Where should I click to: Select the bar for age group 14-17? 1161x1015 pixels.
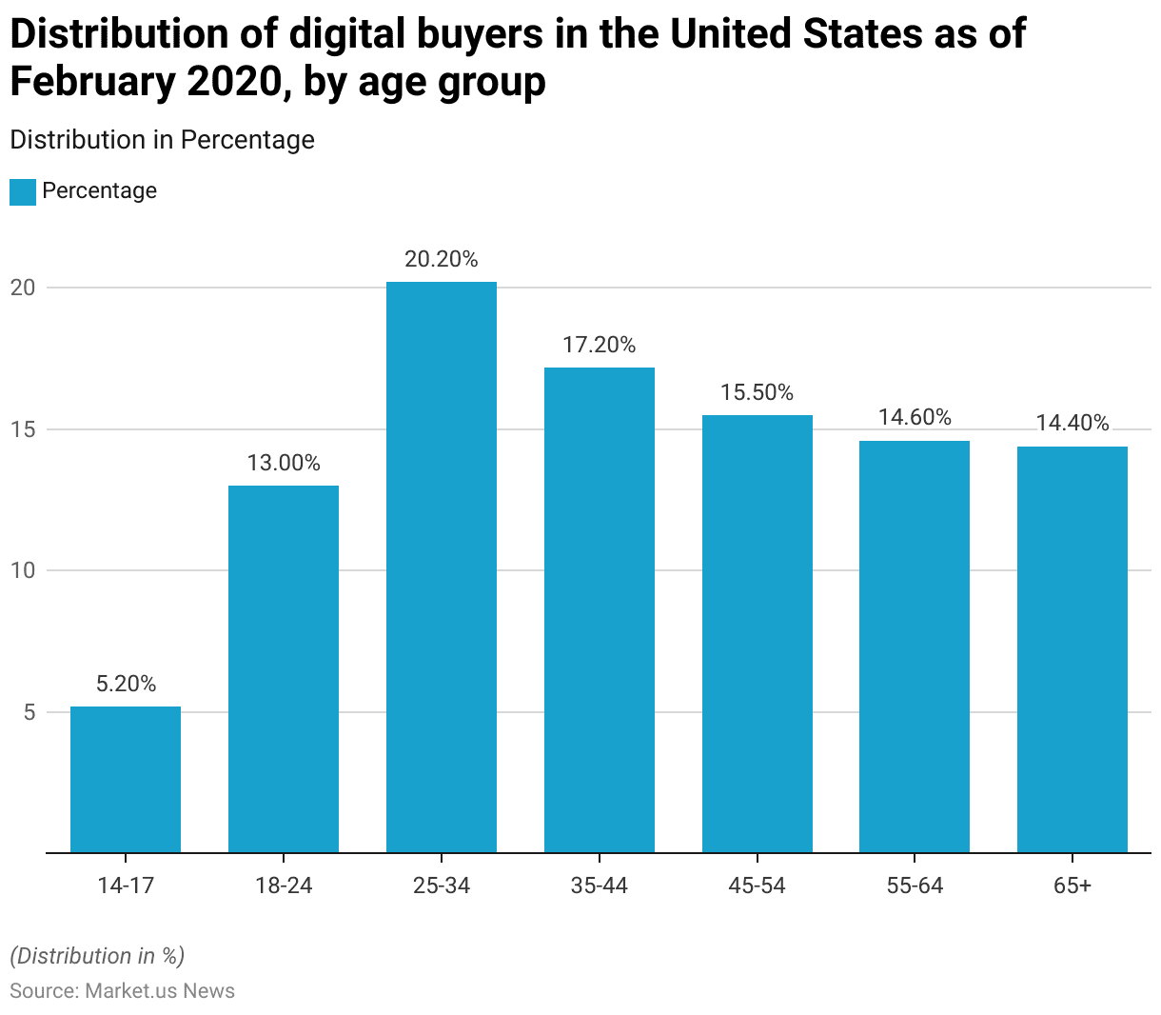[x=126, y=779]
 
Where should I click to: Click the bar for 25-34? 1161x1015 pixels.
[x=442, y=567]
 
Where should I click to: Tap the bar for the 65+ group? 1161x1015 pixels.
[x=1072, y=649]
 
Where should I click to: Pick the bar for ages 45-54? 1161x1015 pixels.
[x=758, y=633]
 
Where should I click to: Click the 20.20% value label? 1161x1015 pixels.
[x=442, y=259]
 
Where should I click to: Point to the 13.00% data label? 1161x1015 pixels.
[x=284, y=464]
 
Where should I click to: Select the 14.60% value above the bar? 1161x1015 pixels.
[x=915, y=417]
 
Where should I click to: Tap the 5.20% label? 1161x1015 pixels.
[x=126, y=684]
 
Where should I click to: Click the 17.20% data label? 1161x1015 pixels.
[x=599, y=345]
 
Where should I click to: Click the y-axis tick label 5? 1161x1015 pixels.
[x=29, y=712]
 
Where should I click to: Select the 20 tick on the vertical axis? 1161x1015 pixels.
[x=23, y=288]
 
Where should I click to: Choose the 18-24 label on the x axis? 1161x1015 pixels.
[x=284, y=886]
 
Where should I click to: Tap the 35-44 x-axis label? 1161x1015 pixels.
[x=599, y=886]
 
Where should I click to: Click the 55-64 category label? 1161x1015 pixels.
[x=915, y=886]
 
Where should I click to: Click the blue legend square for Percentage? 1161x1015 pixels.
[x=23, y=191]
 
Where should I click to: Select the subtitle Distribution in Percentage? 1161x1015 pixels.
[x=162, y=140]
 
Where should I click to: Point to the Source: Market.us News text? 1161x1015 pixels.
[x=122, y=991]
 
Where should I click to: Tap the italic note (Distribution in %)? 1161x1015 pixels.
[x=97, y=956]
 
